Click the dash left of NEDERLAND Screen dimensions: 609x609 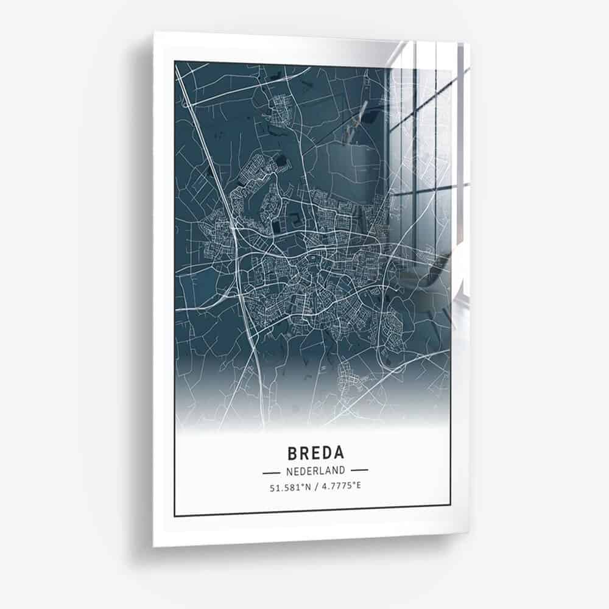tap(271, 471)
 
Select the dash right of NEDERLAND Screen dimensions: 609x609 tap(359, 471)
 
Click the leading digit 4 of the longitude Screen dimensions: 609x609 tap(323, 487)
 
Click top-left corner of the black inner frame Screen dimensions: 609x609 tap(175, 61)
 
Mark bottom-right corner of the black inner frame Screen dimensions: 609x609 tap(450, 505)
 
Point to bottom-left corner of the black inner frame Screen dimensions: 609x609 tap(175, 516)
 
